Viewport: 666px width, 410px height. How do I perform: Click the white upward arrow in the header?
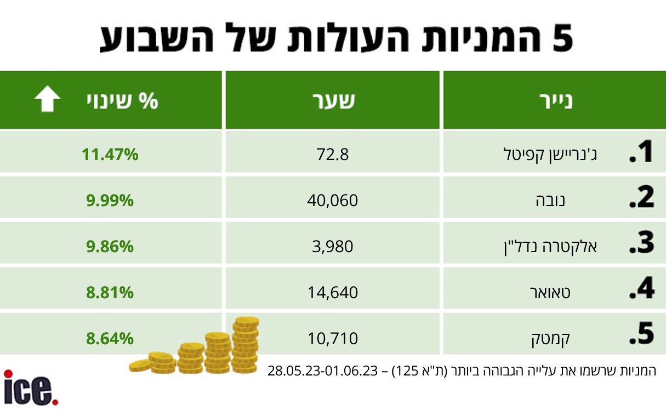click(47, 99)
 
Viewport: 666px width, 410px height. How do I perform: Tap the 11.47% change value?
click(110, 155)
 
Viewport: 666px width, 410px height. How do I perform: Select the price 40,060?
click(332, 201)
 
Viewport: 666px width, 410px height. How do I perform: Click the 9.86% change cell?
click(110, 247)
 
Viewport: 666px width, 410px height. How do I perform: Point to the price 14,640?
click(332, 293)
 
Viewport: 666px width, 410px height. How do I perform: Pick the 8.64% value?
click(110, 339)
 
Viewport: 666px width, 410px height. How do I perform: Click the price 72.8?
click(332, 155)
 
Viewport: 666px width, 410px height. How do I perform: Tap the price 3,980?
click(332, 247)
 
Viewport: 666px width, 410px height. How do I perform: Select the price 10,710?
click(332, 339)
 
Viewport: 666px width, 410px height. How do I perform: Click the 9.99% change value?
click(110, 201)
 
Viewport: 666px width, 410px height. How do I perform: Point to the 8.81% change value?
click(110, 293)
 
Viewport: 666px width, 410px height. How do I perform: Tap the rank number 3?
click(642, 243)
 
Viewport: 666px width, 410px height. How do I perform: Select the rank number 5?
click(642, 334)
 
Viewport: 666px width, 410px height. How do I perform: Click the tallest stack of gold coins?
click(246, 345)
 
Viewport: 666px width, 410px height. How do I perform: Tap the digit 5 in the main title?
click(562, 38)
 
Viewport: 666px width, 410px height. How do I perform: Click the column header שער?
click(333, 100)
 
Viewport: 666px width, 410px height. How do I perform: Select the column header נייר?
click(556, 100)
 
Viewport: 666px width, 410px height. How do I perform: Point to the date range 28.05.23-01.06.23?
click(323, 371)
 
